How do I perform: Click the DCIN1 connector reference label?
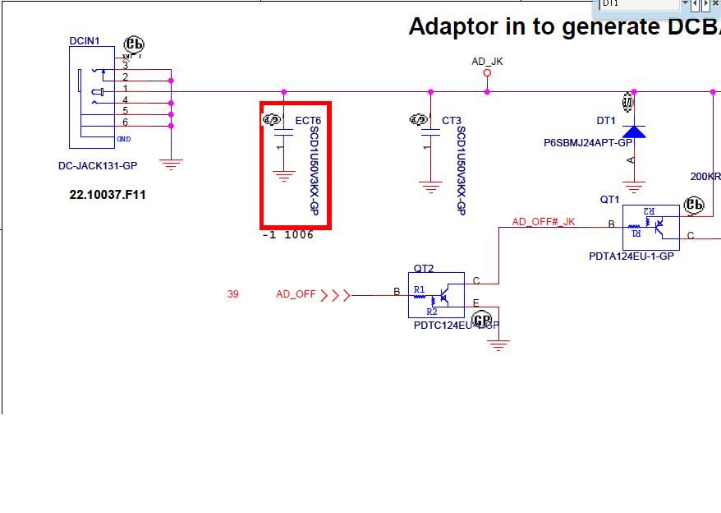pyautogui.click(x=85, y=40)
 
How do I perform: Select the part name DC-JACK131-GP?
pyautogui.click(x=98, y=166)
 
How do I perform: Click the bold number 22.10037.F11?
pyautogui.click(x=108, y=195)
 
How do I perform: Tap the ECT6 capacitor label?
pyautogui.click(x=308, y=121)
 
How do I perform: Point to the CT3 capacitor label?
pyautogui.click(x=452, y=121)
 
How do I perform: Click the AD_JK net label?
pyautogui.click(x=487, y=62)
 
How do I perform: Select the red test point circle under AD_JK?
pyautogui.click(x=487, y=73)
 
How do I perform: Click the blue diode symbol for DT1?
pyautogui.click(x=633, y=131)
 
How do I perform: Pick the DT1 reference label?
pyautogui.click(x=606, y=121)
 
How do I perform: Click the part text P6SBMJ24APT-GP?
pyautogui.click(x=587, y=143)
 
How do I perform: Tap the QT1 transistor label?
pyautogui.click(x=609, y=200)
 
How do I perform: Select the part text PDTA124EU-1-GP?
pyautogui.click(x=631, y=256)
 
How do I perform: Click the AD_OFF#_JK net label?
pyautogui.click(x=544, y=222)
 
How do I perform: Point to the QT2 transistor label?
pyautogui.click(x=424, y=268)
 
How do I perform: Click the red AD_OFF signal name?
pyautogui.click(x=296, y=294)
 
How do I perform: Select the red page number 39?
pyautogui.click(x=233, y=294)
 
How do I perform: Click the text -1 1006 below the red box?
pyautogui.click(x=287, y=235)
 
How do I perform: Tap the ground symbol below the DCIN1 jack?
pyautogui.click(x=171, y=164)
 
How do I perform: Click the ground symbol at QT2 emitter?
pyautogui.click(x=498, y=344)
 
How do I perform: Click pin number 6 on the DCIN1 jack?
pyautogui.click(x=126, y=122)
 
